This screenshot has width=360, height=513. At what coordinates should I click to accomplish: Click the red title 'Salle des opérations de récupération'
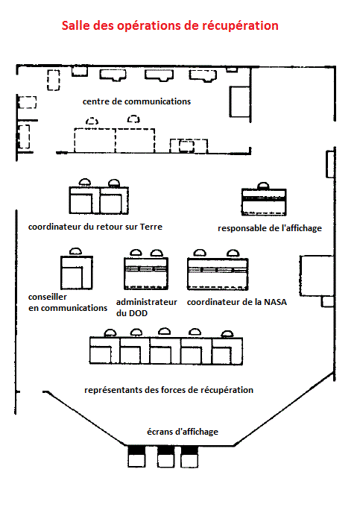click(170, 25)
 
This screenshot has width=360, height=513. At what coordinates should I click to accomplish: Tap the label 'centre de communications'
click(136, 101)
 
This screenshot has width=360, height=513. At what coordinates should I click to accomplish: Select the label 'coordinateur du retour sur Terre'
click(95, 227)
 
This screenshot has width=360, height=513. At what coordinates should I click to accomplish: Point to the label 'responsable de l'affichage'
click(270, 228)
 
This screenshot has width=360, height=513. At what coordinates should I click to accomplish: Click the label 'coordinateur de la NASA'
click(237, 302)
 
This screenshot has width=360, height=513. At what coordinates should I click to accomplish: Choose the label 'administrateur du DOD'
click(147, 307)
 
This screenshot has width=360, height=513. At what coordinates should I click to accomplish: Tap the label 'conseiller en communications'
click(68, 302)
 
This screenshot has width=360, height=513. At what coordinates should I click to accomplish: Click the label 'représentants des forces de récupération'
click(168, 390)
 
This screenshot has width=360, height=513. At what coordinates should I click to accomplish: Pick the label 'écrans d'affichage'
click(183, 432)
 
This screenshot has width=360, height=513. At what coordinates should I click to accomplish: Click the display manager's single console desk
click(264, 202)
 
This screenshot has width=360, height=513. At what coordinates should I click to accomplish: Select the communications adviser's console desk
click(77, 272)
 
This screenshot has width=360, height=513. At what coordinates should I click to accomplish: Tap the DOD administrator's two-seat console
click(146, 273)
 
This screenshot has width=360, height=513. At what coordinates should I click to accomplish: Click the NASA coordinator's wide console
click(218, 274)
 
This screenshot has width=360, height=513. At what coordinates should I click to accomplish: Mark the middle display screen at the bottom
click(165, 456)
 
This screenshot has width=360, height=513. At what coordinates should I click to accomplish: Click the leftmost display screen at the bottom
click(136, 456)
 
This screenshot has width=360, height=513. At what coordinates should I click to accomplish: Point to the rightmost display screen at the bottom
click(189, 456)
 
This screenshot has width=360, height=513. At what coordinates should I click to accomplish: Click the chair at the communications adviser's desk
click(75, 251)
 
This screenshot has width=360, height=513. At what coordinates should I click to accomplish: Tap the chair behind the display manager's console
click(263, 186)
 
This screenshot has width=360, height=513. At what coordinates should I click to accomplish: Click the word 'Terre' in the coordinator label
click(151, 227)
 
